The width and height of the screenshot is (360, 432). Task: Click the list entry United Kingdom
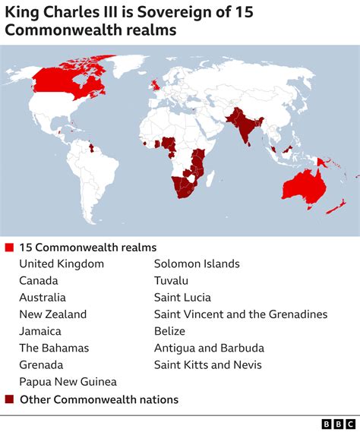click(62, 263)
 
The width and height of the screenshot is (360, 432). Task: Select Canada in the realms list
click(39, 280)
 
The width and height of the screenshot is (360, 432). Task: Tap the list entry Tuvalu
click(172, 280)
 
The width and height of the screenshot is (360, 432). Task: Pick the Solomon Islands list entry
click(197, 263)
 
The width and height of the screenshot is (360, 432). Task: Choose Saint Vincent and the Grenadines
click(241, 314)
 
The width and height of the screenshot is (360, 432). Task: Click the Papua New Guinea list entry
click(68, 381)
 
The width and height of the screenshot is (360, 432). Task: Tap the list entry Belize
click(170, 331)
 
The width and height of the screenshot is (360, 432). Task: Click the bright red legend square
click(9, 248)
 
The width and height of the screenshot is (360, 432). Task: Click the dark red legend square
click(9, 399)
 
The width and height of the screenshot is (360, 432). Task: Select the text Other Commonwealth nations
click(99, 399)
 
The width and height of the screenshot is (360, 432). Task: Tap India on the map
click(245, 129)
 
